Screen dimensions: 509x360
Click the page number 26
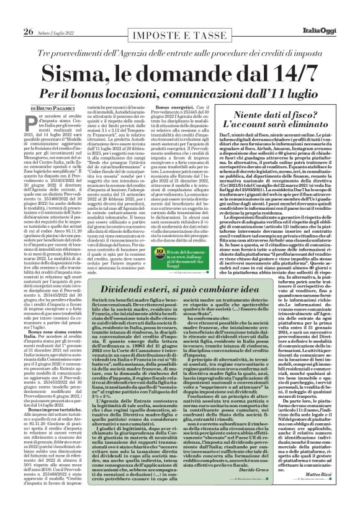pyautogui.click(x=12, y=14)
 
